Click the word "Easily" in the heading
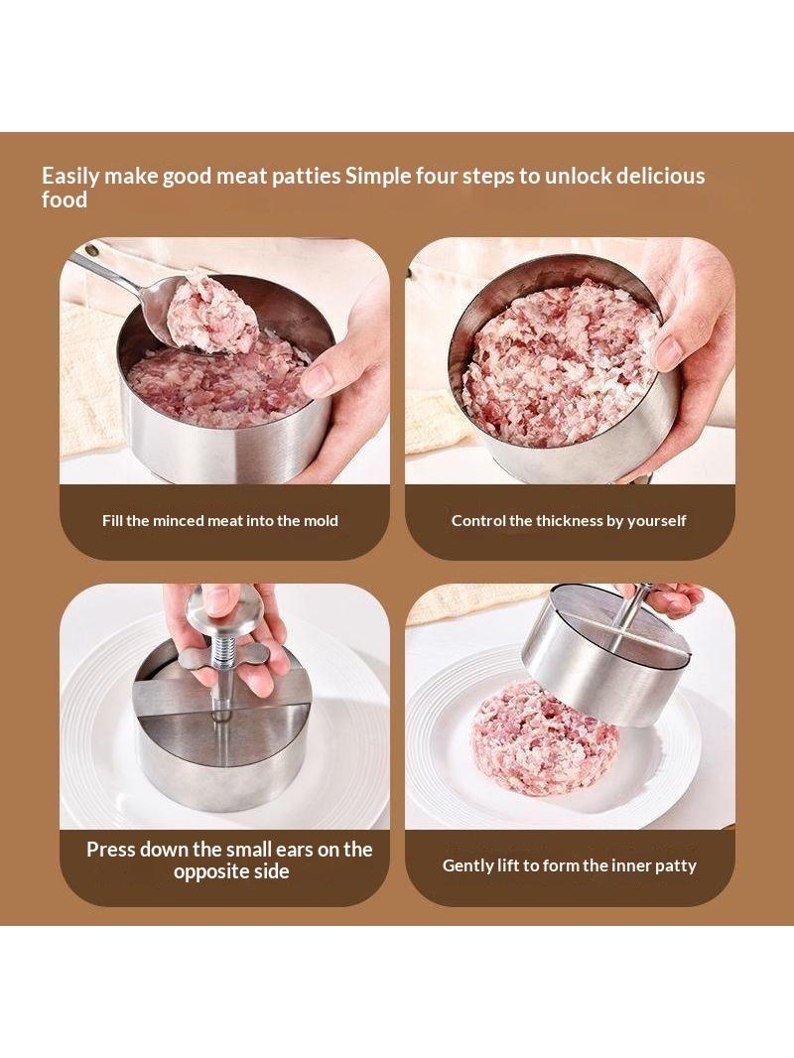70,177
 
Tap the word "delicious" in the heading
660,176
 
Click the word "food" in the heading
65,199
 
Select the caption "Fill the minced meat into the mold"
220,520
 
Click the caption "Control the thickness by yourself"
569,521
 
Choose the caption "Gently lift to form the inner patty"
570,865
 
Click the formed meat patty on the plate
542,738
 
